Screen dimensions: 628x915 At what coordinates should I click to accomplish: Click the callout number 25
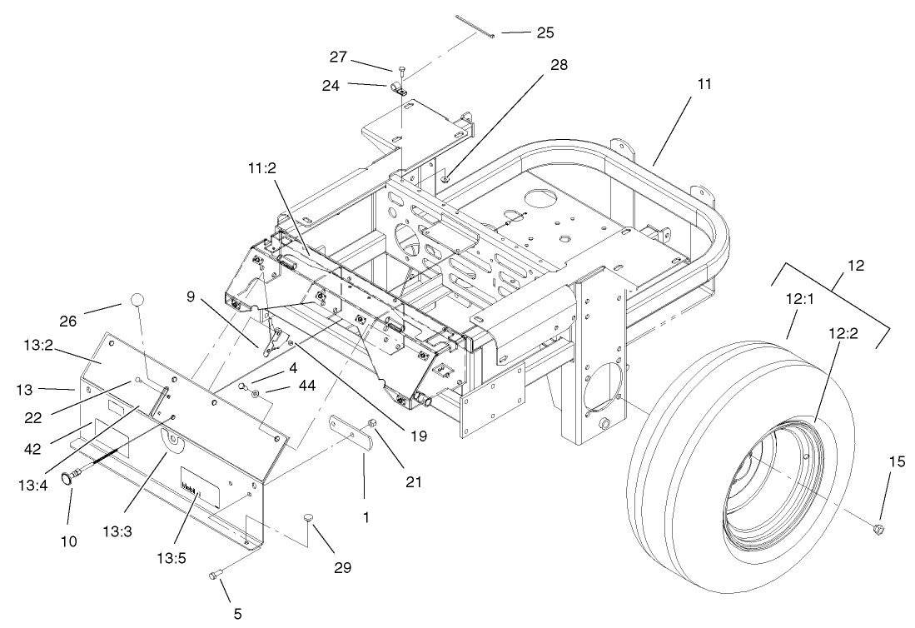545,33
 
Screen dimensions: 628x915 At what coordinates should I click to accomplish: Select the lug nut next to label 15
879,529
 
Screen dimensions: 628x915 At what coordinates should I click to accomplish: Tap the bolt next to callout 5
215,573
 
